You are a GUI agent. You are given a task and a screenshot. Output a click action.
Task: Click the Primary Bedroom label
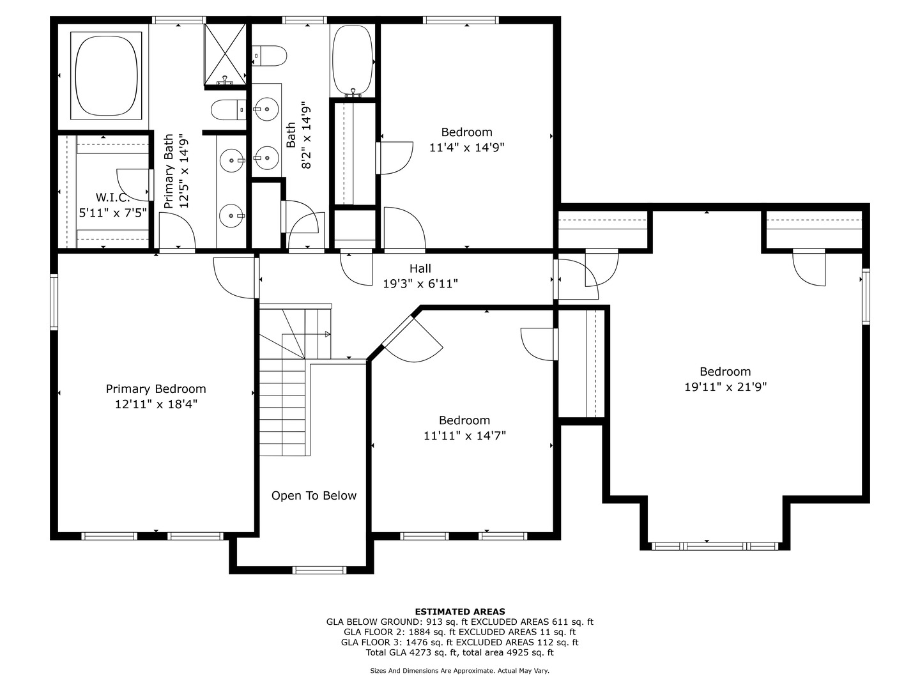tap(156, 389)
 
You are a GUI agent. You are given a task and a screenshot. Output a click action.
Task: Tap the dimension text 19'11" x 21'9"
tap(725, 387)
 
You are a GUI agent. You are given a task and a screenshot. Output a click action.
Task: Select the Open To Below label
tap(314, 496)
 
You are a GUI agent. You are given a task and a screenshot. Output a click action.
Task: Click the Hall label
tap(420, 268)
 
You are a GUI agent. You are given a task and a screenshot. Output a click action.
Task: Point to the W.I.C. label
tap(112, 197)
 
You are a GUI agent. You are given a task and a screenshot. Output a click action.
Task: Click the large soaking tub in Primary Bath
tap(107, 75)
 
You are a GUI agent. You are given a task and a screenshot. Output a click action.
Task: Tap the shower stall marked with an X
tap(225, 54)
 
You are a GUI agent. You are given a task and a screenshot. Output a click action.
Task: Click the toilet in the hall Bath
tap(269, 56)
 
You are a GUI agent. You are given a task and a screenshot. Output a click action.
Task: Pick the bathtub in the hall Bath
tap(353, 59)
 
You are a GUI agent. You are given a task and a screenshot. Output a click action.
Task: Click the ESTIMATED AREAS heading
tap(460, 611)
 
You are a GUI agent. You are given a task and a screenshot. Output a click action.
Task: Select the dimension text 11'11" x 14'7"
tap(464, 436)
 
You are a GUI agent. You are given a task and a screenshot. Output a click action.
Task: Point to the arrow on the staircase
tap(326, 334)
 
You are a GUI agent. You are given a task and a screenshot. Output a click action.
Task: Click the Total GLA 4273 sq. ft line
tap(460, 652)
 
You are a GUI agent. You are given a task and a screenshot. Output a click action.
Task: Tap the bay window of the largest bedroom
tap(715, 546)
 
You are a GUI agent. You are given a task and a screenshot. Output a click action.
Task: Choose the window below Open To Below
tap(319, 570)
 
